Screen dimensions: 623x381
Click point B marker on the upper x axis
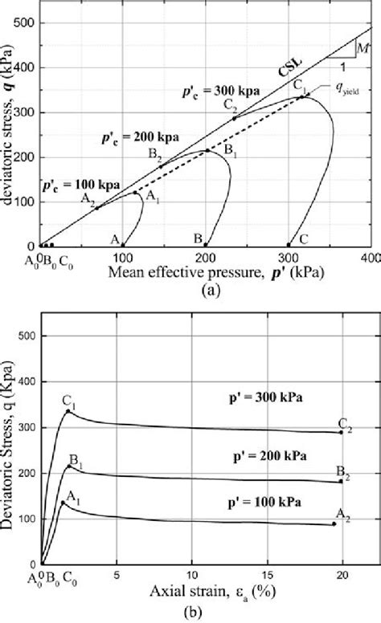tap(206, 245)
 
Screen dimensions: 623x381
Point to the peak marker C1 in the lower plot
tap(69, 411)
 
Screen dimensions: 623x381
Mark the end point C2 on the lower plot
tap(341, 432)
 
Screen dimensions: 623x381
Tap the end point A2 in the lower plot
tap(334, 524)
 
